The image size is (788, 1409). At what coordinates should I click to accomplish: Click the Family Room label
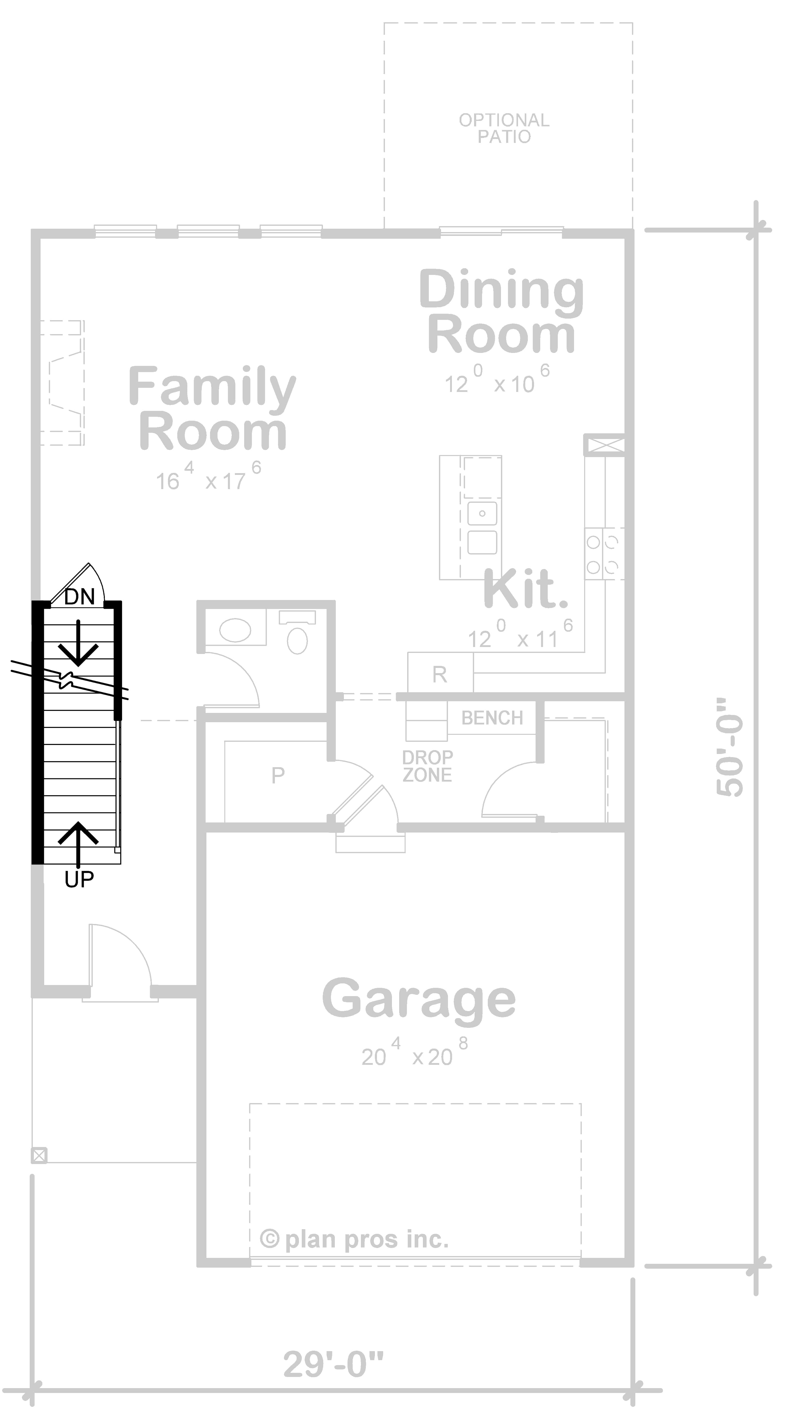coord(212,409)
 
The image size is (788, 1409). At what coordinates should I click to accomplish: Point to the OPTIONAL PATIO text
coord(504,128)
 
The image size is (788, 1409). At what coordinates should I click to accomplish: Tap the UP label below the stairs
coord(79,880)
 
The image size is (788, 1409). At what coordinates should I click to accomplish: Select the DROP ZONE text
coord(427,766)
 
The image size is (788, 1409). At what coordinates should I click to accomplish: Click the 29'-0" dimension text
coord(333,1364)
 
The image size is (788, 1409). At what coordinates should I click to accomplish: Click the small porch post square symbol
coord(39,1155)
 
